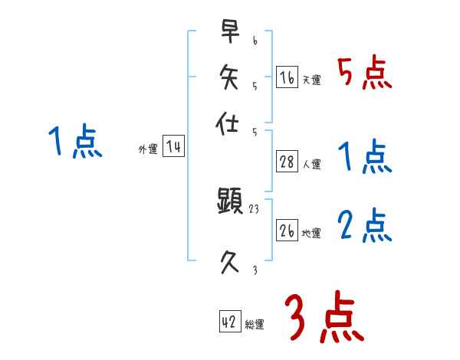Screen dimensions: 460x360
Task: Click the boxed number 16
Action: point(287,77)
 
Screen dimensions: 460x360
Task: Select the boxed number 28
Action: point(287,162)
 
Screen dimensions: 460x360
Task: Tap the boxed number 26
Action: point(287,231)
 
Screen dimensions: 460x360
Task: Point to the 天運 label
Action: point(311,80)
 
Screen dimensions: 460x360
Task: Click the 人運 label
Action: point(311,164)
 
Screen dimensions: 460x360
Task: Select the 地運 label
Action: point(311,233)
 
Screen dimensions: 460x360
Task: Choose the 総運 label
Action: point(254,325)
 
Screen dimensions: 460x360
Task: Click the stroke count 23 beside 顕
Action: point(255,208)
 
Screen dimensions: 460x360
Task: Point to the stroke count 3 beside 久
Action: point(255,270)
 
